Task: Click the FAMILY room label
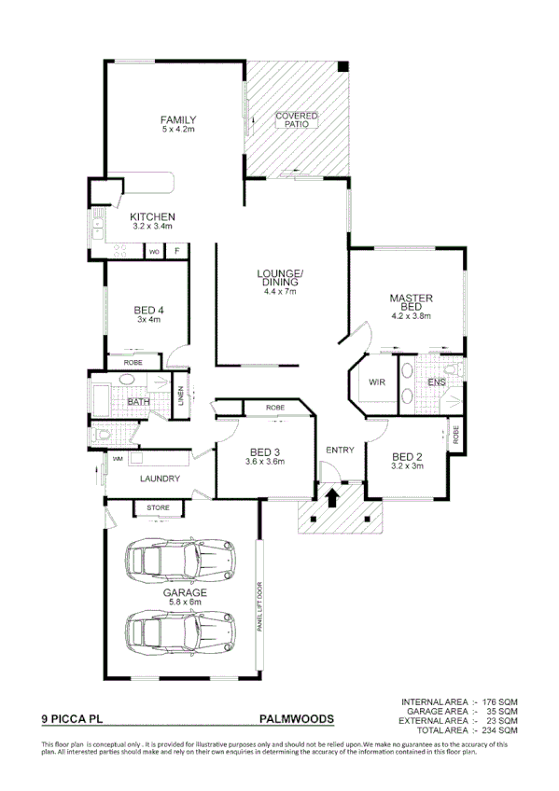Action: (x=177, y=120)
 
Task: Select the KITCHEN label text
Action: (x=152, y=217)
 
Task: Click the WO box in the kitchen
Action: (x=154, y=252)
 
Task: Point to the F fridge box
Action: (x=177, y=252)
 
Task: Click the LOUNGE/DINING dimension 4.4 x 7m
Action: (x=279, y=292)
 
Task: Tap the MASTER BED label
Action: (x=411, y=302)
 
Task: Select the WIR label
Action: (x=378, y=382)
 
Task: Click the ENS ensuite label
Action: (x=436, y=382)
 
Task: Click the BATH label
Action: (x=138, y=402)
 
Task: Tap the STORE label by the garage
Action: (x=159, y=508)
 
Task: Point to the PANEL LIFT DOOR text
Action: (x=259, y=606)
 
